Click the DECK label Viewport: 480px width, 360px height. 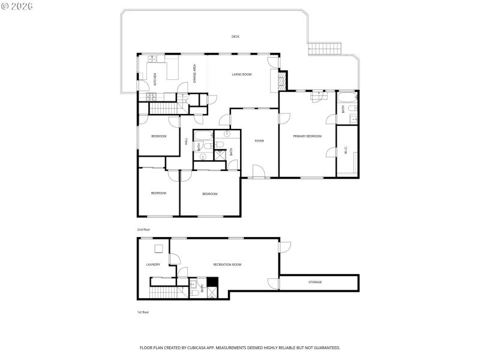pos(236,37)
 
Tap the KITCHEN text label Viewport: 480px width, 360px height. pos(155,79)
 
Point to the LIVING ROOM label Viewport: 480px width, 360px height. pos(242,74)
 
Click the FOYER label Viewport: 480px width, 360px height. pos(259,141)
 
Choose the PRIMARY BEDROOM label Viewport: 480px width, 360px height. pos(307,136)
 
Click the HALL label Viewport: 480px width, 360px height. pos(187,142)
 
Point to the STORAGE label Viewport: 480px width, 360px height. pos(315,282)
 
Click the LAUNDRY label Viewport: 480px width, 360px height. pos(153,265)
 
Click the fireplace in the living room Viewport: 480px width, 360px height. pos(274,81)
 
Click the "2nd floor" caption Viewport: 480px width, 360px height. pos(144,229)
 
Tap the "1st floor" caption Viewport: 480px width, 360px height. pos(143,313)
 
